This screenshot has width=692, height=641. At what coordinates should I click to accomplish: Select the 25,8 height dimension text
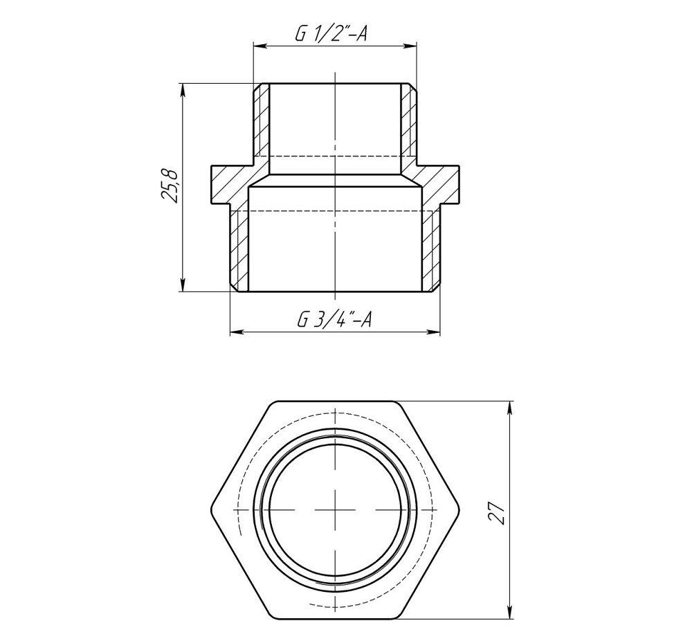[x=170, y=186]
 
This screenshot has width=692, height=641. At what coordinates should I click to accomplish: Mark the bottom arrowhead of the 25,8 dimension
[x=183, y=286]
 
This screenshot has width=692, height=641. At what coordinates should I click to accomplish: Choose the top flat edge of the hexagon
[x=335, y=401]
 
